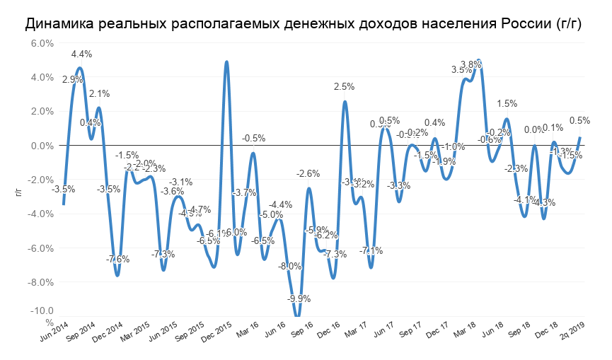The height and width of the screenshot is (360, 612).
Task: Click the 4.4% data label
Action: click(81, 54)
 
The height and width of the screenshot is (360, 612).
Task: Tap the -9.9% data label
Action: click(299, 298)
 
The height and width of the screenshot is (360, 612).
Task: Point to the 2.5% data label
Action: click(344, 87)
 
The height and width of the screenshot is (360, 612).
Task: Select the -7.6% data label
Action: click(118, 259)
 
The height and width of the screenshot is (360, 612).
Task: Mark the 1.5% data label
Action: click(507, 104)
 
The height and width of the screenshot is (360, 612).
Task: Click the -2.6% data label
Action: click(308, 173)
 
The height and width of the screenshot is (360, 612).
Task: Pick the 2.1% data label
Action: click(99, 93)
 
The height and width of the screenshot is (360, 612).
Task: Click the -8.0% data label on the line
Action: click(290, 266)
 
